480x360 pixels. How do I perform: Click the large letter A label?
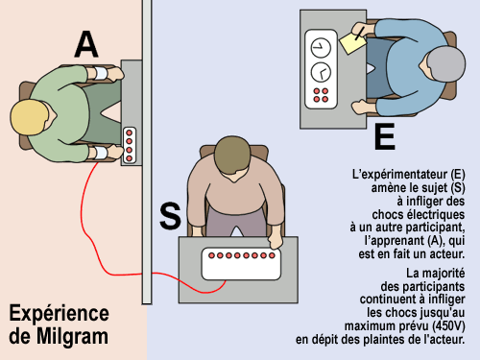(x=86, y=45)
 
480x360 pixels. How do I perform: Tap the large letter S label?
(x=170, y=216)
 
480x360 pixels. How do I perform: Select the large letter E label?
(x=385, y=136)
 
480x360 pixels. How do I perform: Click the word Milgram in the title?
(x=72, y=336)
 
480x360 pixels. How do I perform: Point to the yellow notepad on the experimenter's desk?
(x=352, y=43)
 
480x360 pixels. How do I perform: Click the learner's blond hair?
(x=29, y=117)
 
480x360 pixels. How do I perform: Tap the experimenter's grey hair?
(x=446, y=64)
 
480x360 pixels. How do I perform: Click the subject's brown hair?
(x=232, y=156)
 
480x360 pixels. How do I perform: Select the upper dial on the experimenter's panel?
(x=321, y=48)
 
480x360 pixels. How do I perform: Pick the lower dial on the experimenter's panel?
(x=321, y=72)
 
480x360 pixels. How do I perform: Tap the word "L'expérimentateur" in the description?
(x=400, y=175)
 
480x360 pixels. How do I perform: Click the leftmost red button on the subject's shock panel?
(x=211, y=255)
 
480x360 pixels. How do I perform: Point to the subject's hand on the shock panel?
(x=276, y=241)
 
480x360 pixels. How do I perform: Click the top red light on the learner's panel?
(x=130, y=132)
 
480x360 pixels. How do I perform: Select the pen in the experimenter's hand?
(x=360, y=34)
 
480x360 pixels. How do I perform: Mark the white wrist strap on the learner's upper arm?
(x=101, y=74)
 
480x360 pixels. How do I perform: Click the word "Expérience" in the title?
(x=60, y=314)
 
